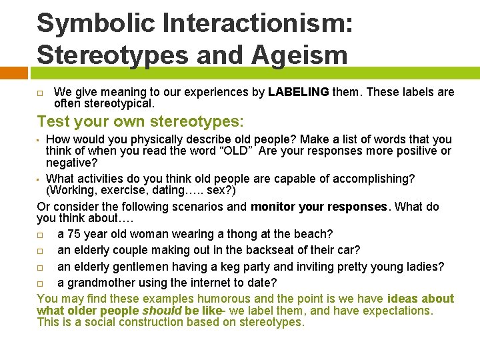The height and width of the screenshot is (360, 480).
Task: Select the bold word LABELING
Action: tap(298, 92)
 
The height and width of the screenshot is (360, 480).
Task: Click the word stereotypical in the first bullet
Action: tap(117, 103)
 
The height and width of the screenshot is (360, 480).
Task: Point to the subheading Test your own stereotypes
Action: tap(141, 121)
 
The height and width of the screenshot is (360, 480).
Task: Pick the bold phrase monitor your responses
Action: tap(319, 207)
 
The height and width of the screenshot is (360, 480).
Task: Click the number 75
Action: tap(74, 234)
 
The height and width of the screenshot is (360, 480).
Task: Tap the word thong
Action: tap(236, 234)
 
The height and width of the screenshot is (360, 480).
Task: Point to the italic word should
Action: tap(161, 311)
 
